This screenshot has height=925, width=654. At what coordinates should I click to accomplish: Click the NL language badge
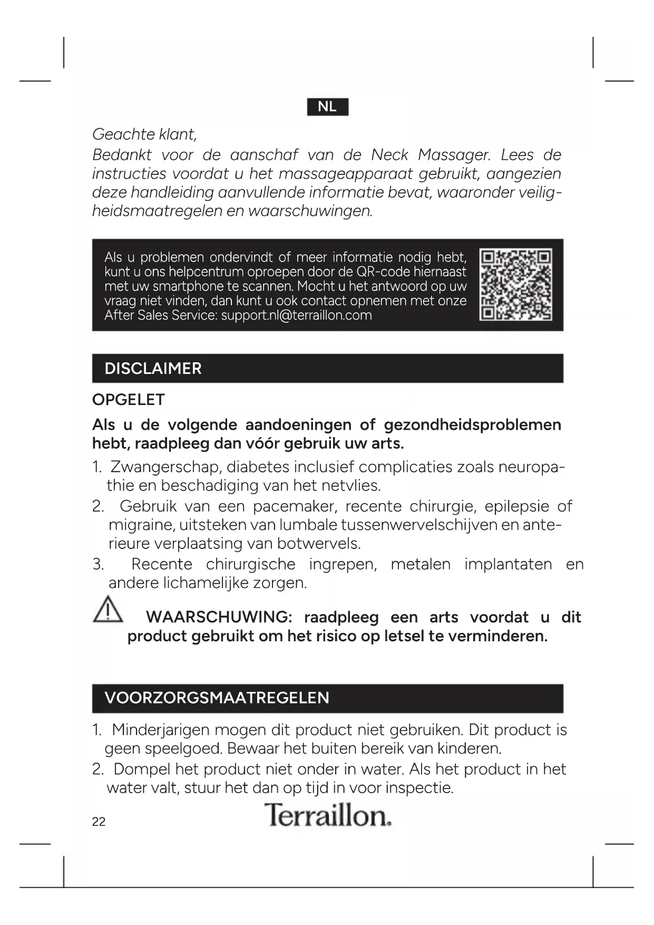pyautogui.click(x=327, y=107)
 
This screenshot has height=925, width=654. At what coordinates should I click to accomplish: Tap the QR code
pyautogui.click(x=516, y=284)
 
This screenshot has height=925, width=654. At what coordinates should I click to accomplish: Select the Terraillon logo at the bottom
pyautogui.click(x=327, y=815)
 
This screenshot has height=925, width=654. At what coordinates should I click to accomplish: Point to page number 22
pyautogui.click(x=99, y=822)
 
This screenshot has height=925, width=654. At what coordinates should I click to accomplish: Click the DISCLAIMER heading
pyautogui.click(x=153, y=368)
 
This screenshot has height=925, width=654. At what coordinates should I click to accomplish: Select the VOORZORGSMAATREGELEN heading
pyautogui.click(x=217, y=698)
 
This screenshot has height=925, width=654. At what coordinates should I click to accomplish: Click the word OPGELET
pyautogui.click(x=129, y=400)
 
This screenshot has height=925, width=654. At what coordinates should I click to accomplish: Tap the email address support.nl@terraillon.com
pyautogui.click(x=296, y=315)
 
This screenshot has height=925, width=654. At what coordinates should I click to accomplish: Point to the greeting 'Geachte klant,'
pyautogui.click(x=144, y=134)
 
